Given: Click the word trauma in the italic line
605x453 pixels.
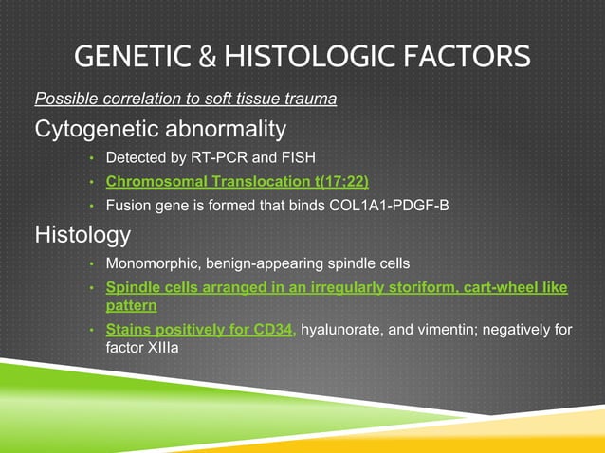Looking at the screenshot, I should coord(310,99).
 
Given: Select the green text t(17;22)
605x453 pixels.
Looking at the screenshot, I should coord(333,180).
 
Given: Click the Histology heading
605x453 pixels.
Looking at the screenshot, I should coord(82,233).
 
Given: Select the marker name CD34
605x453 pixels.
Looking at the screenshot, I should coord(276,330).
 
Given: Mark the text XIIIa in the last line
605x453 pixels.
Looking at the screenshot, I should coord(167,348).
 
